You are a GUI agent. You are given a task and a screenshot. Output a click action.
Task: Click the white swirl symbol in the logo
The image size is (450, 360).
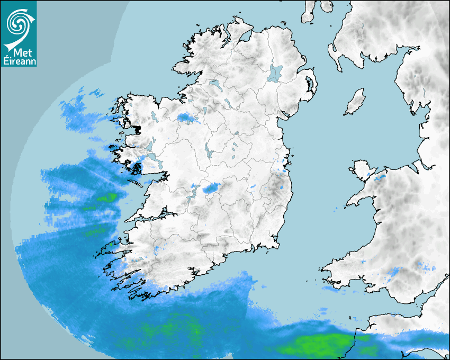[x=19, y=24]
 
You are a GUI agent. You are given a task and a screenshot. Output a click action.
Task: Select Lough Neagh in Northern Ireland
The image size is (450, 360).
[x=275, y=73]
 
